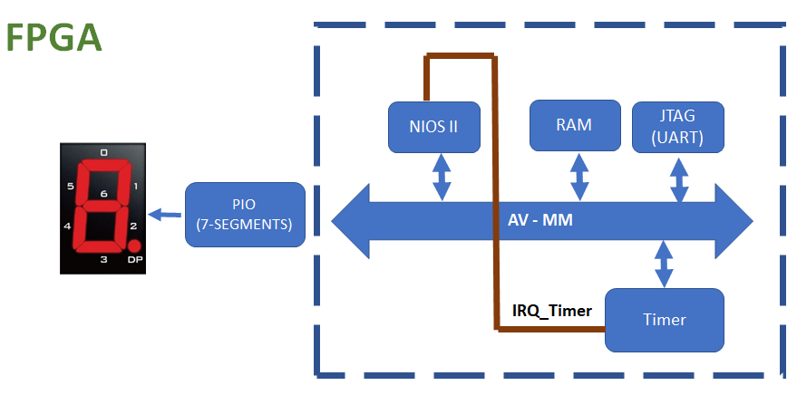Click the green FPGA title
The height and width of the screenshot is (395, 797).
54,38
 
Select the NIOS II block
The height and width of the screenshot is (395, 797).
434,127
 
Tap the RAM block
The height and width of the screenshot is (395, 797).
575,125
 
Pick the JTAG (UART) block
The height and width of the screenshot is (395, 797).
678,127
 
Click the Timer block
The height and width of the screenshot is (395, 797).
665,320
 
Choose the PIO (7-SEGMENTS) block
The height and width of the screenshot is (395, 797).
245,215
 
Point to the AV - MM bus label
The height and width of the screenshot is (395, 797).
539,220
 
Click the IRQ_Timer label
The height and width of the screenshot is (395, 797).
552,310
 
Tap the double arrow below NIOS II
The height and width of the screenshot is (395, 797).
442,178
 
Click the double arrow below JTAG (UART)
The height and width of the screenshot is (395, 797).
679,180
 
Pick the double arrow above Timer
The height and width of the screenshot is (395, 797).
664,264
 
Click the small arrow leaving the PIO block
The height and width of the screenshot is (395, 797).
165,215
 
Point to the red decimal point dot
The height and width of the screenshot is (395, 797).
134,246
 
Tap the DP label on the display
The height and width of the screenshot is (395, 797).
135,260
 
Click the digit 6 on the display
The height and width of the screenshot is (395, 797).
104,194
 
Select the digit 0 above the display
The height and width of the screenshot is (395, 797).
103,152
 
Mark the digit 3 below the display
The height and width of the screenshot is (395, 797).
103,259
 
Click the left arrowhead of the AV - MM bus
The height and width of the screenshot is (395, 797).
351,221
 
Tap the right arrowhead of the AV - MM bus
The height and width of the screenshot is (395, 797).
734,221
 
